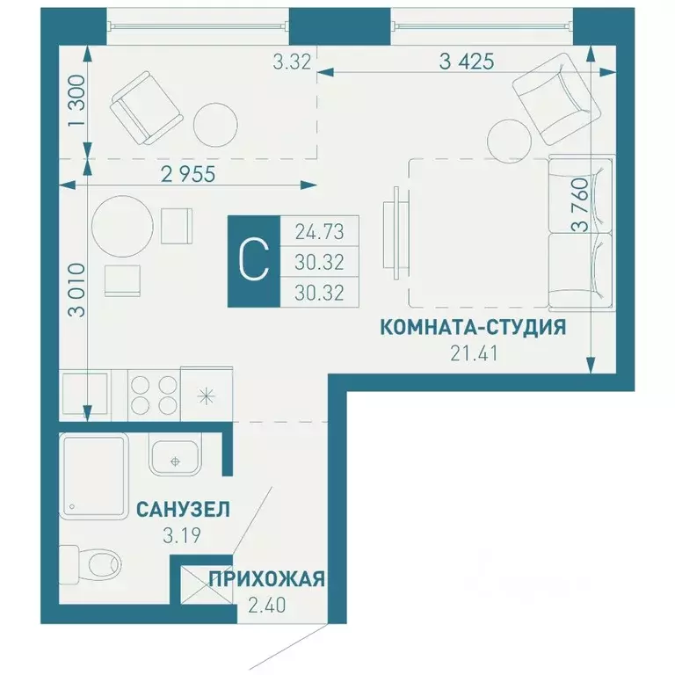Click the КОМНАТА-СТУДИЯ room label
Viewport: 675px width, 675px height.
coord(472,328)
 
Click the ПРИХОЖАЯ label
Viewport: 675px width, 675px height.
coord(267,579)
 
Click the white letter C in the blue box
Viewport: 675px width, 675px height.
coord(253,261)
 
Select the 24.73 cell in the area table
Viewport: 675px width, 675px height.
coord(319,232)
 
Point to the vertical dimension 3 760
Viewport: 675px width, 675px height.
coord(580,225)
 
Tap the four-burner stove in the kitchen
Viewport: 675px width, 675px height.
coord(153,393)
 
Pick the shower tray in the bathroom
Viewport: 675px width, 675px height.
coord(94,475)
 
